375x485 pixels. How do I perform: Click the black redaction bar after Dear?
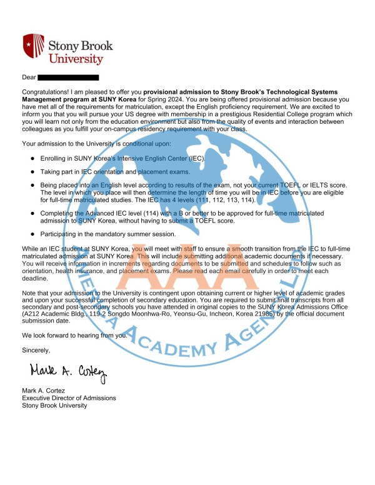68,77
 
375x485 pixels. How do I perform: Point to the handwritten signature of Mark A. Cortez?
67,374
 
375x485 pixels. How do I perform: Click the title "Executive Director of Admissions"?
69,398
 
